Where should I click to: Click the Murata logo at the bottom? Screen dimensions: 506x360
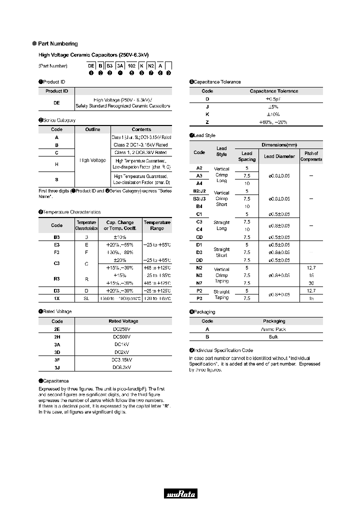coord(180,494)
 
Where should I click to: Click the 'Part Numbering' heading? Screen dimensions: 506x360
coord(57,44)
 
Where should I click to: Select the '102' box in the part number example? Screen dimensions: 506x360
coord(131,65)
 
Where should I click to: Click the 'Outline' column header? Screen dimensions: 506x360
coord(92,129)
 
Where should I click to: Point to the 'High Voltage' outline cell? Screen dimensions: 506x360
coord(92,160)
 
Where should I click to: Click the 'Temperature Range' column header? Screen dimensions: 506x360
coord(157,225)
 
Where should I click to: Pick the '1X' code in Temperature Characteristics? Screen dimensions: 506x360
coord(56,298)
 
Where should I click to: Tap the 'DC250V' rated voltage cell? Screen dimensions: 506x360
coord(123,329)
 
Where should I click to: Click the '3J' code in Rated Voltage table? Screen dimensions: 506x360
coord(56,367)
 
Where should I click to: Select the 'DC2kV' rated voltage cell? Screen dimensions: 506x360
coord(123,352)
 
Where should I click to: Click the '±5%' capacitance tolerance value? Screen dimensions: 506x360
coord(273,106)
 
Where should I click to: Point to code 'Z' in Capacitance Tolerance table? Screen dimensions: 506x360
coord(207,121)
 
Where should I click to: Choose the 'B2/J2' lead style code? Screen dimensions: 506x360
coord(199,191)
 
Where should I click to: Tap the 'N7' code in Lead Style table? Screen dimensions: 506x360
coord(199,283)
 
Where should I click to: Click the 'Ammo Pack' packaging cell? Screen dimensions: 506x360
coord(273,329)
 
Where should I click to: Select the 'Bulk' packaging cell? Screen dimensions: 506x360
coord(273,336)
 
